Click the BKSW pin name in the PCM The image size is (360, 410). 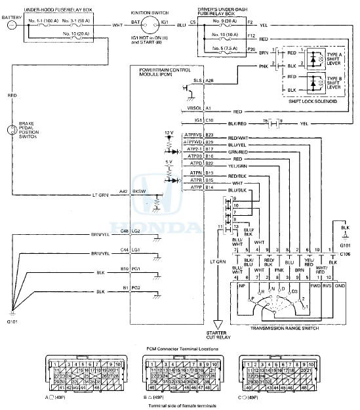coord(139,191)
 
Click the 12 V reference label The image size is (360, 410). coord(169,133)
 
